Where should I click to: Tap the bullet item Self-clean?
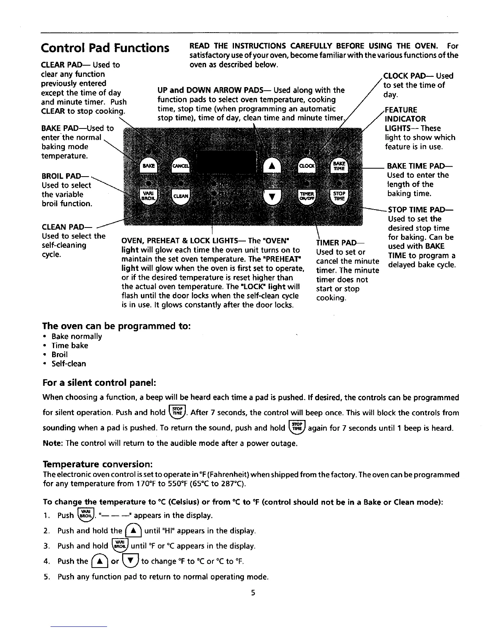pyautogui.click(x=68, y=364)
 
